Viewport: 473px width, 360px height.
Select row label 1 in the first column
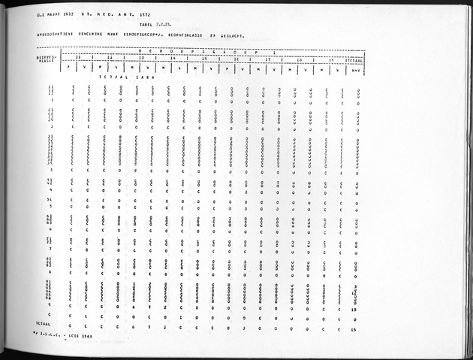click(x=51, y=100)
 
